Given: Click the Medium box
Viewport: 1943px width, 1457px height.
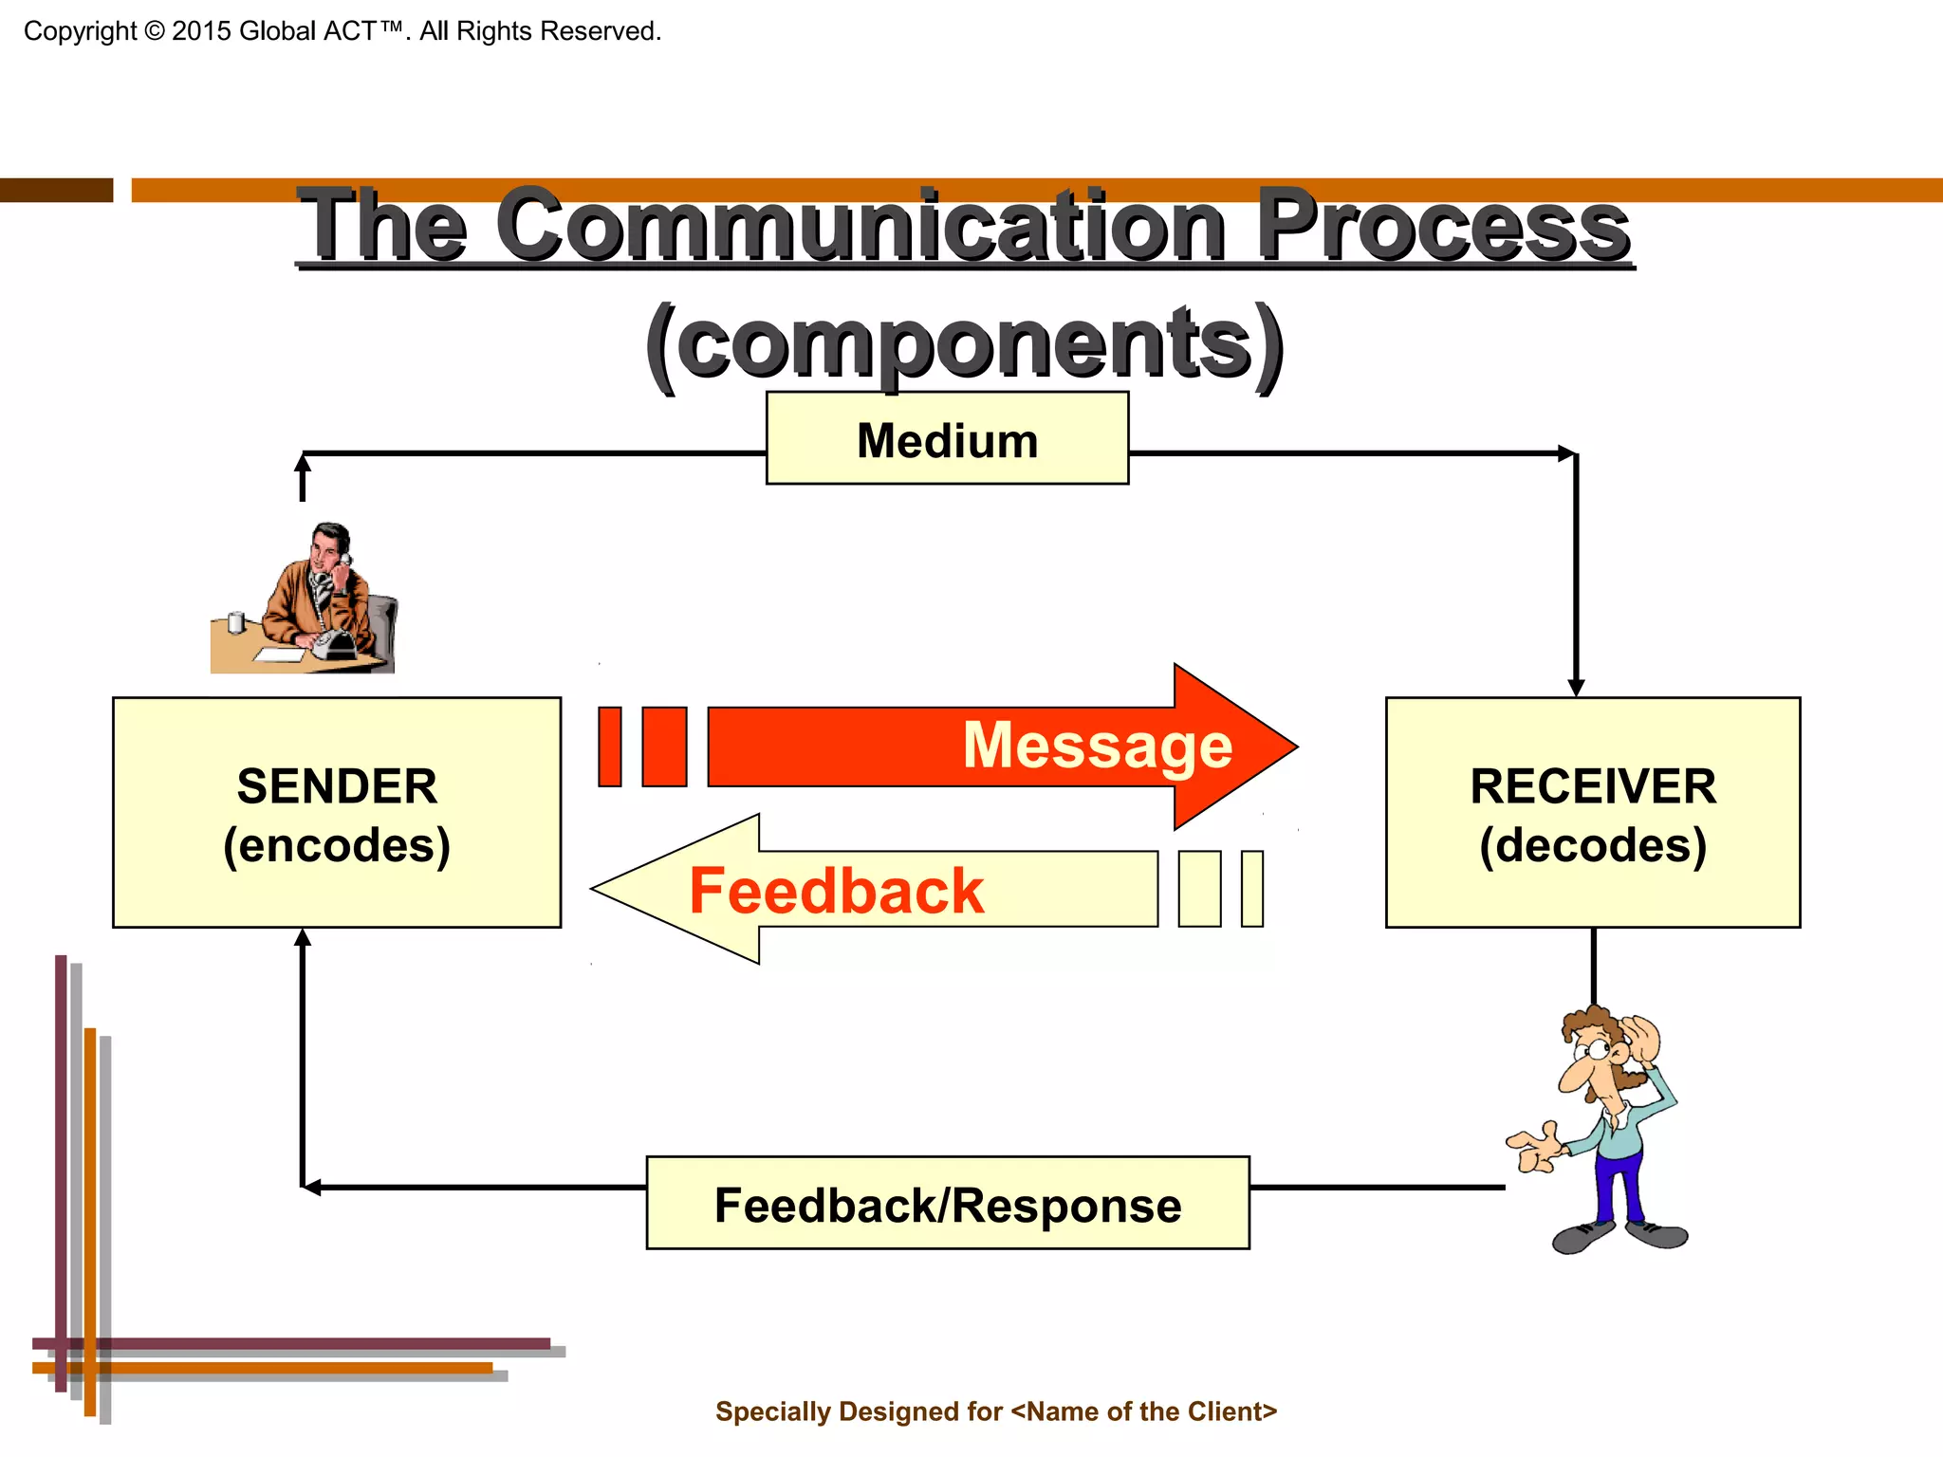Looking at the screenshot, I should pyautogui.click(x=947, y=438).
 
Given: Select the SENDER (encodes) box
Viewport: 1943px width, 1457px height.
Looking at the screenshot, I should pyautogui.click(x=337, y=813).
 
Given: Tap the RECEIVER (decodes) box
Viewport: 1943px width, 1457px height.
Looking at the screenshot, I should pyautogui.click(x=1592, y=813).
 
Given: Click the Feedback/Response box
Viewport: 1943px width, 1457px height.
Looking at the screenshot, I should pyautogui.click(x=947, y=1203).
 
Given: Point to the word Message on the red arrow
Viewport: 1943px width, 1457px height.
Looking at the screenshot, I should pyautogui.click(x=1097, y=746).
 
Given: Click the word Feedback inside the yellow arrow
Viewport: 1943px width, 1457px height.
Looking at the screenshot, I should pyautogui.click(x=836, y=891).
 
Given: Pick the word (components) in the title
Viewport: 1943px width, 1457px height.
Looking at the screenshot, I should pyautogui.click(x=964, y=343).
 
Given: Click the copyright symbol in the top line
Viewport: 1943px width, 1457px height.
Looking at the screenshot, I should pyautogui.click(x=154, y=31).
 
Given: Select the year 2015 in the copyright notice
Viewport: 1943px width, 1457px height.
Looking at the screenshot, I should pyautogui.click(x=201, y=31).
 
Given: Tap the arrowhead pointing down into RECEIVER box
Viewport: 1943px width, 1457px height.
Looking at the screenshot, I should pyautogui.click(x=1576, y=687).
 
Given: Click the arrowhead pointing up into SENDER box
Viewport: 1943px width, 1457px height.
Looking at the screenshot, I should pyautogui.click(x=303, y=938).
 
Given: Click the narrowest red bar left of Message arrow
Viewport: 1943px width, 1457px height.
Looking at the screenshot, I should pyautogui.click(x=609, y=747).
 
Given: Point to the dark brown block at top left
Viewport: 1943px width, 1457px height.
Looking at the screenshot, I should pyautogui.click(x=56, y=190).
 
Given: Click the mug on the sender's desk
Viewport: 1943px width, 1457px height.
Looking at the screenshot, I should pyautogui.click(x=236, y=622).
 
